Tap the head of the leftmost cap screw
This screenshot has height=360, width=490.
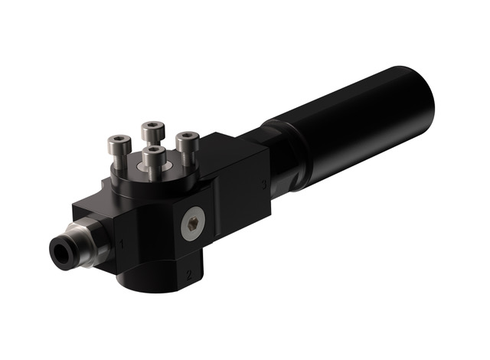[x=119, y=142]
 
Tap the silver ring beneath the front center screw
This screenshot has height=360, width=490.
[x=153, y=174]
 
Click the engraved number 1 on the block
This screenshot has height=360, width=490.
[x=122, y=244]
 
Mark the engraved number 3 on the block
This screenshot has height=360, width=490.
[x=263, y=185]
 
